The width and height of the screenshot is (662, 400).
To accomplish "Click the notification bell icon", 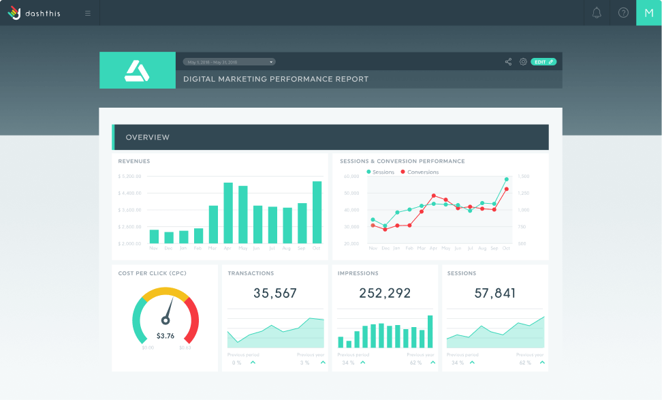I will [597, 13].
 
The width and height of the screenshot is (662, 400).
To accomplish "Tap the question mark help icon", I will [623, 13].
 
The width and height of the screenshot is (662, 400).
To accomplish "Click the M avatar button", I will [648, 13].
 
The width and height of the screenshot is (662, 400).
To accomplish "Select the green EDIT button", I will [543, 62].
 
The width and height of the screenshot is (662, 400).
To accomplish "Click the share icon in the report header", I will [508, 62].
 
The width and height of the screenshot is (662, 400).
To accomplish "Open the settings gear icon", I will [523, 62].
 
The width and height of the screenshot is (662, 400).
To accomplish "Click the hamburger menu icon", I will [88, 13].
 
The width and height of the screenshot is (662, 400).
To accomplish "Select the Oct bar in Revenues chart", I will [317, 213].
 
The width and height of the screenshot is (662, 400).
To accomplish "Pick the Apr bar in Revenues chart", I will [228, 213].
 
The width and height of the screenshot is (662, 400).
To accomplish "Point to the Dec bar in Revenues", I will [169, 237].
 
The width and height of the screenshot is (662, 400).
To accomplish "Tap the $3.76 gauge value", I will [165, 336].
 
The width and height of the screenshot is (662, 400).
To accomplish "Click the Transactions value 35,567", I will [275, 294].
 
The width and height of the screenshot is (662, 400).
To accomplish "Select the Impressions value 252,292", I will [385, 294].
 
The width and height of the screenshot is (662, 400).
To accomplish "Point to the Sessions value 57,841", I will [495, 294].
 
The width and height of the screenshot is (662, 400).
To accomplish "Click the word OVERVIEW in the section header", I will [148, 137].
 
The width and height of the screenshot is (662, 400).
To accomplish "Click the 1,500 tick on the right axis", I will [522, 176].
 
